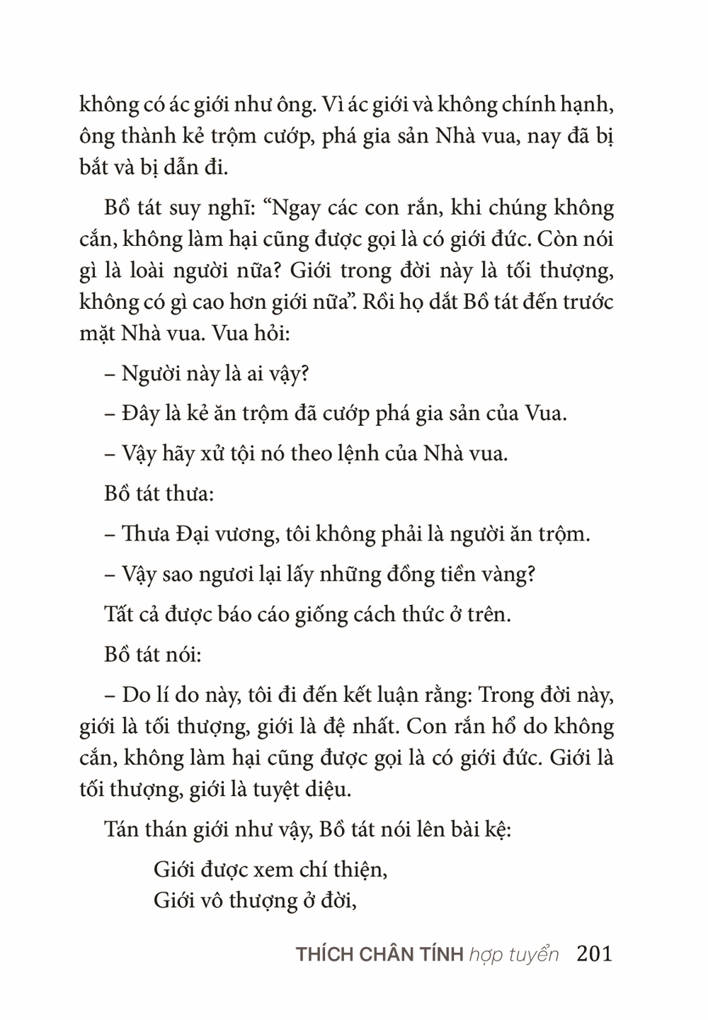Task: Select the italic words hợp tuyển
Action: (x=513, y=955)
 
